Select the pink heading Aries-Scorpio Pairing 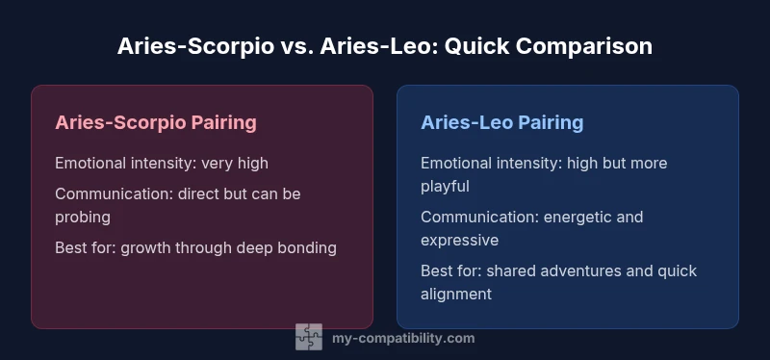[156, 122]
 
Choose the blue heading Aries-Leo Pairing [501, 122]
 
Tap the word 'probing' [83, 217]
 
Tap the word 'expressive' [459, 240]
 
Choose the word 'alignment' [456, 294]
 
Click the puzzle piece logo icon [308, 337]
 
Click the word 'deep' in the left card [258, 247]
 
